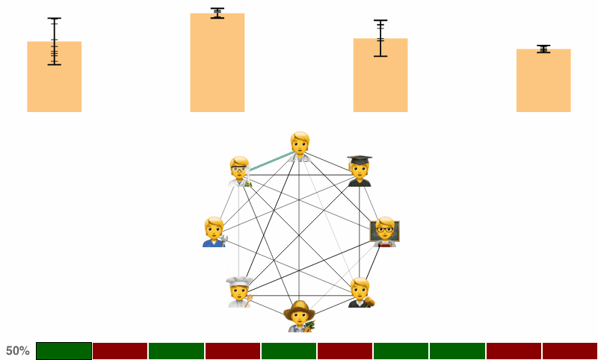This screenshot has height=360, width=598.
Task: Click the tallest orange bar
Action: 218,63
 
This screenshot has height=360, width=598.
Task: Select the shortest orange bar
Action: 543,81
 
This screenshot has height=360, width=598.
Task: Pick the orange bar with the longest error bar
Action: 54,77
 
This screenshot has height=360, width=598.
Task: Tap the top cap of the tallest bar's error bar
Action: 218,8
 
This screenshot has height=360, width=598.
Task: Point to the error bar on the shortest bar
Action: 543,49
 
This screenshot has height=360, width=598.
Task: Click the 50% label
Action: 17,351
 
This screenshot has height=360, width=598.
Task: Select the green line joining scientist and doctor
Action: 272,161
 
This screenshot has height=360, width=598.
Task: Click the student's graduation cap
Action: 360,160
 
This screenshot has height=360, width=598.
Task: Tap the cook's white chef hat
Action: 239,282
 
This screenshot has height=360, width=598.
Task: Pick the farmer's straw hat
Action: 300,310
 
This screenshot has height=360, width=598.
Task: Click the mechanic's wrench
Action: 224,240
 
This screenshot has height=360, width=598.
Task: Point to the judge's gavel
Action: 369,302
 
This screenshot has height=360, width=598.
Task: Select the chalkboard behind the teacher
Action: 385,232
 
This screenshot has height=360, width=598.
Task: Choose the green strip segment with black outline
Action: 64,351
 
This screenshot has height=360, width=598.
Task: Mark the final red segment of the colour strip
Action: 570,351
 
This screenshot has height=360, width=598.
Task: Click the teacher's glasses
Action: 385,230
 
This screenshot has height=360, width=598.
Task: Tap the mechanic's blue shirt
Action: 214,243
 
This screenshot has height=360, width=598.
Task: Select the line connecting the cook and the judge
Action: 300,295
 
